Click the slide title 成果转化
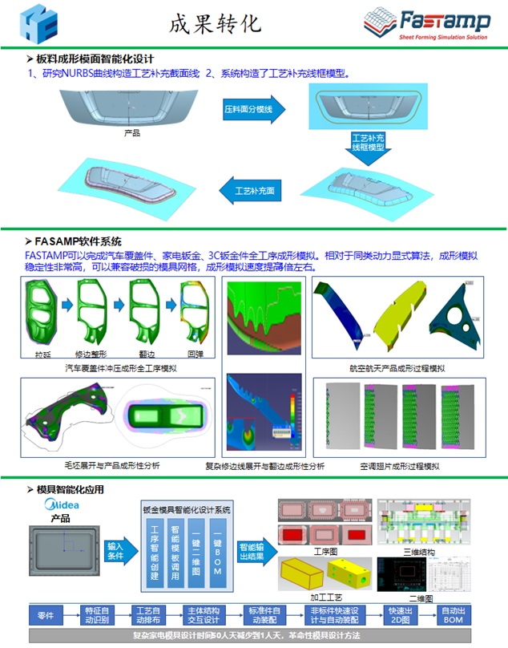point(215,22)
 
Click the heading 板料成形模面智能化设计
point(95,59)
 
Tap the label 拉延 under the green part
point(46,352)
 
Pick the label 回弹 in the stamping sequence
point(196,352)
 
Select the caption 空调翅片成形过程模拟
point(397,466)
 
